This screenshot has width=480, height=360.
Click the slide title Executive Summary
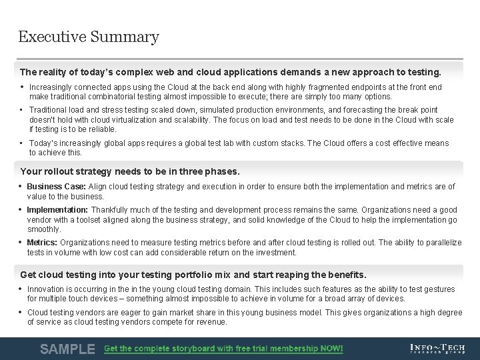[x=89, y=37]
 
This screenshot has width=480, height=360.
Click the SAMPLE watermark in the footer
[x=67, y=349]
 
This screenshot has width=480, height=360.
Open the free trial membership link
[x=223, y=349]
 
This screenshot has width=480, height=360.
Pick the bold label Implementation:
[x=57, y=210]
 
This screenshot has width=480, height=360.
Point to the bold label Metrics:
[x=42, y=243]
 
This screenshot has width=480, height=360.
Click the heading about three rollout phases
[x=130, y=171]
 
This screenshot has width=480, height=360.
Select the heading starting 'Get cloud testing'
[x=193, y=275]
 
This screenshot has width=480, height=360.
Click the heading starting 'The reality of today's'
[x=231, y=71]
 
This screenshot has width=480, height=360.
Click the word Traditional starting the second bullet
[x=48, y=110]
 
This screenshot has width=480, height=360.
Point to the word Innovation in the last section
[x=45, y=289]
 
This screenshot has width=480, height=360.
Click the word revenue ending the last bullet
[x=212, y=322]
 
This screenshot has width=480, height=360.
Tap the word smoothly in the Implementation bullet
[x=44, y=229]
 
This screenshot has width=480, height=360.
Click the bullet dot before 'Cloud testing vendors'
[x=21, y=312]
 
